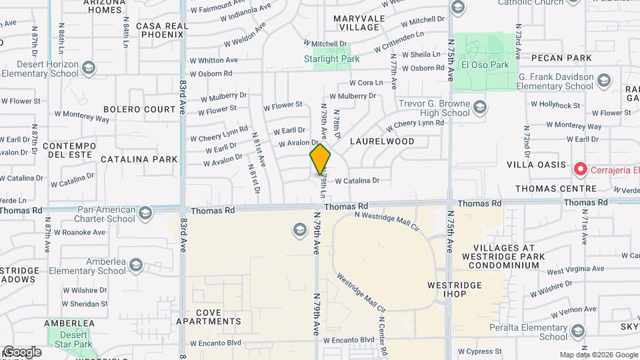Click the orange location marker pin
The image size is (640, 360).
320,159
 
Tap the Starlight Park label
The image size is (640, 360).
331,59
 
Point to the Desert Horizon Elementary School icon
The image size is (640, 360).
89,68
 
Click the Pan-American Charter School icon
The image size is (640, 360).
145,213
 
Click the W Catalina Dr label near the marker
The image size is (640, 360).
357,180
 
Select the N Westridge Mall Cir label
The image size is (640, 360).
386,220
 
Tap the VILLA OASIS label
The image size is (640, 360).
536,165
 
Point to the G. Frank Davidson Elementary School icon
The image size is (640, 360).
603,81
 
